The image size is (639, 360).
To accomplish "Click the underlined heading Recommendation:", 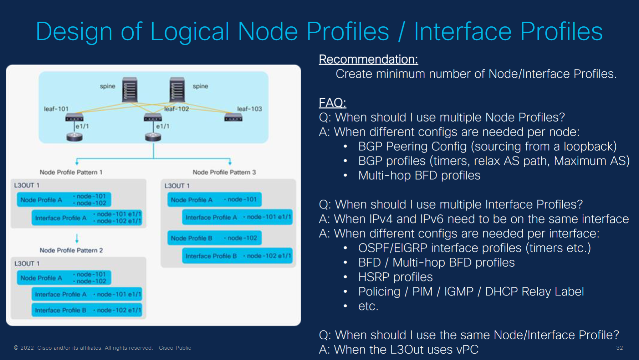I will click(368, 59).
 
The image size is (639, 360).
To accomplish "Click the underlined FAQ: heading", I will click(332, 103).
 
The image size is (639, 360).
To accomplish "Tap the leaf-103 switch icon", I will click(233, 118).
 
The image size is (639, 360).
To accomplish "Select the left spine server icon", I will click(129, 90).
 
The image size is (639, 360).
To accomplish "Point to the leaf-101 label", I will click(56, 109).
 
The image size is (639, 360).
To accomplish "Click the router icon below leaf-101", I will click(75, 137).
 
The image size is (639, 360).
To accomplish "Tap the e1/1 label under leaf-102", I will click(163, 126).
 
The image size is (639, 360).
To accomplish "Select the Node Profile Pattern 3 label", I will click(224, 172).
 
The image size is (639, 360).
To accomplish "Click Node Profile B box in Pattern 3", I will click(214, 238).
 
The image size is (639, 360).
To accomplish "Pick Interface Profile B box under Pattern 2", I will click(87, 310).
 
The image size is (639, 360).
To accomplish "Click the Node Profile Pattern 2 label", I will click(71, 250).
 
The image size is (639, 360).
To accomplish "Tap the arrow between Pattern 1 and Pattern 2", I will click(77, 238).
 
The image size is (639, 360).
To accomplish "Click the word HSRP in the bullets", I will click(374, 277).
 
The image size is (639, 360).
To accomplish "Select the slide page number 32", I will click(619, 348).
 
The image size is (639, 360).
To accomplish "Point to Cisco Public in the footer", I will click(175, 348).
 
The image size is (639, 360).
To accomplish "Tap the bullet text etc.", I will click(368, 306).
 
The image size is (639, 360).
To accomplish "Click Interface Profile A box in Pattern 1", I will click(87, 218).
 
